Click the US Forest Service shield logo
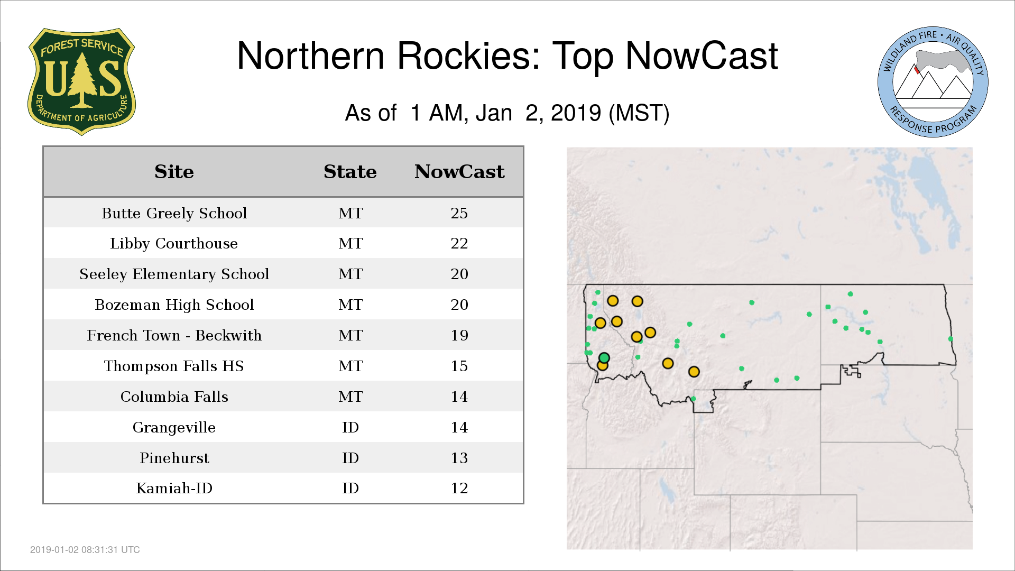[81, 81]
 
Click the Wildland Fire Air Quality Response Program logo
[933, 82]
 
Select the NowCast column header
[459, 172]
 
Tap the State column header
[350, 172]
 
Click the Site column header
[174, 172]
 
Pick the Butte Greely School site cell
[174, 213]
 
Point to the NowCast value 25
[459, 213]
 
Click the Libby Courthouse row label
[174, 243]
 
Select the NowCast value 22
[459, 243]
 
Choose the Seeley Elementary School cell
[174, 274]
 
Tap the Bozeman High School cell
[174, 305]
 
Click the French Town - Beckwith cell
[174, 335]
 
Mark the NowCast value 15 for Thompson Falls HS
[459, 366]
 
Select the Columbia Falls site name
[174, 397]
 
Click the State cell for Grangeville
[350, 427]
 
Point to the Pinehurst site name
[174, 458]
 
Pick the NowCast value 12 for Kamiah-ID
[459, 488]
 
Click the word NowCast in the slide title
[702, 56]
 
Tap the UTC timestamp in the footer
[85, 550]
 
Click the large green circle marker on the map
[604, 358]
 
